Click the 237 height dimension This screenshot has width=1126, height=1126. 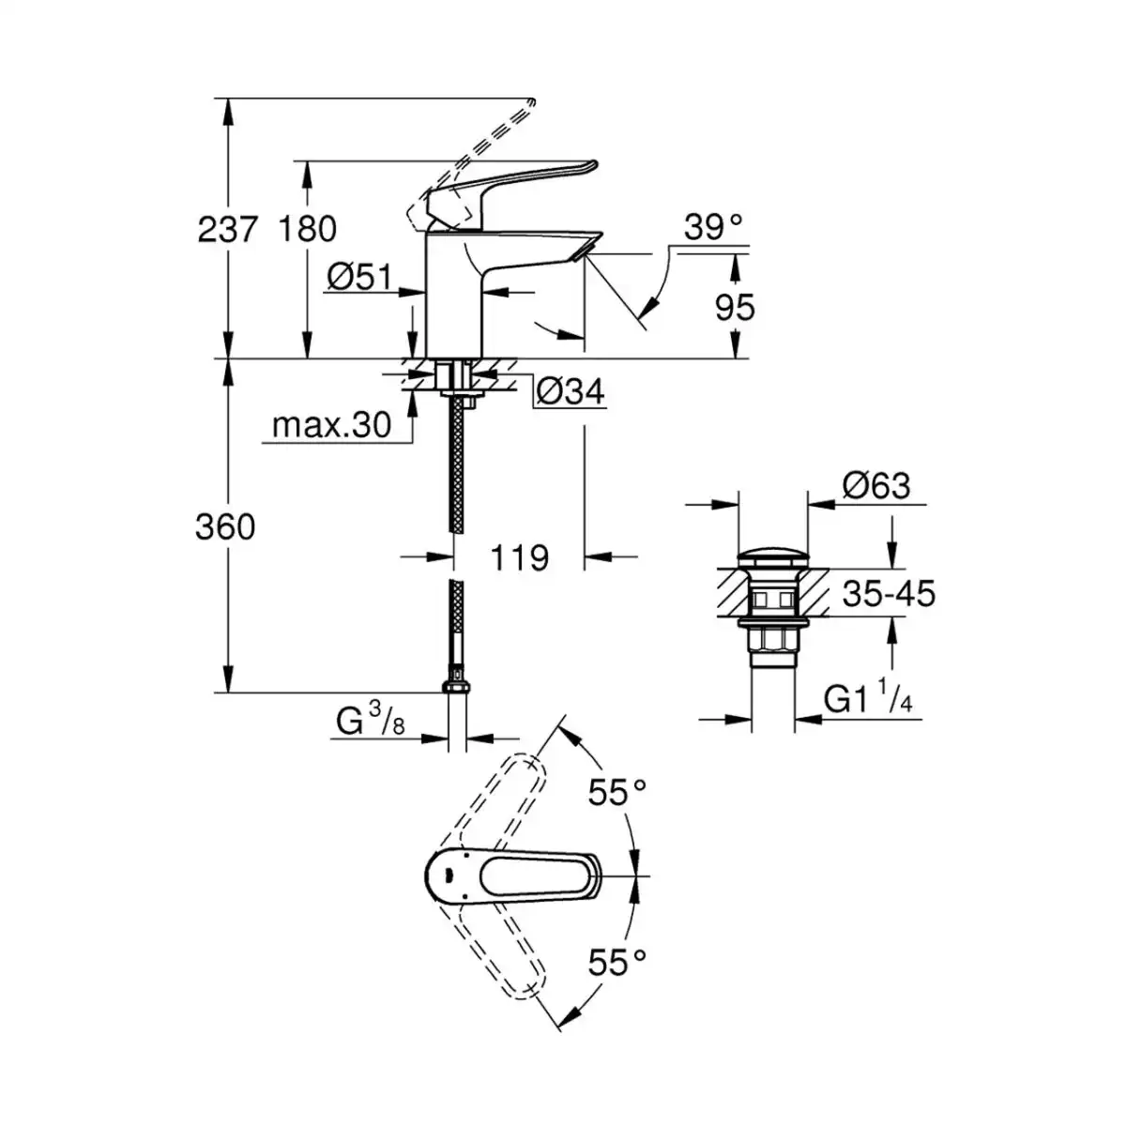tap(227, 229)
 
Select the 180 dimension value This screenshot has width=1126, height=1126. tap(308, 229)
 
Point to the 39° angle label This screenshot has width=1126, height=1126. tap(713, 227)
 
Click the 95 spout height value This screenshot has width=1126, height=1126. tap(735, 307)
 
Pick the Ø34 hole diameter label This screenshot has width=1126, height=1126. tap(570, 391)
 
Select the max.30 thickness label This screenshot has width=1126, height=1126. tap(331, 425)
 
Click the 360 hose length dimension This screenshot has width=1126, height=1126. tap(225, 526)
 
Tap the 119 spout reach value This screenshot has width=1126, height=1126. tap(520, 557)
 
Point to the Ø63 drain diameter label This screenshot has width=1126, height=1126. tap(876, 485)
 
